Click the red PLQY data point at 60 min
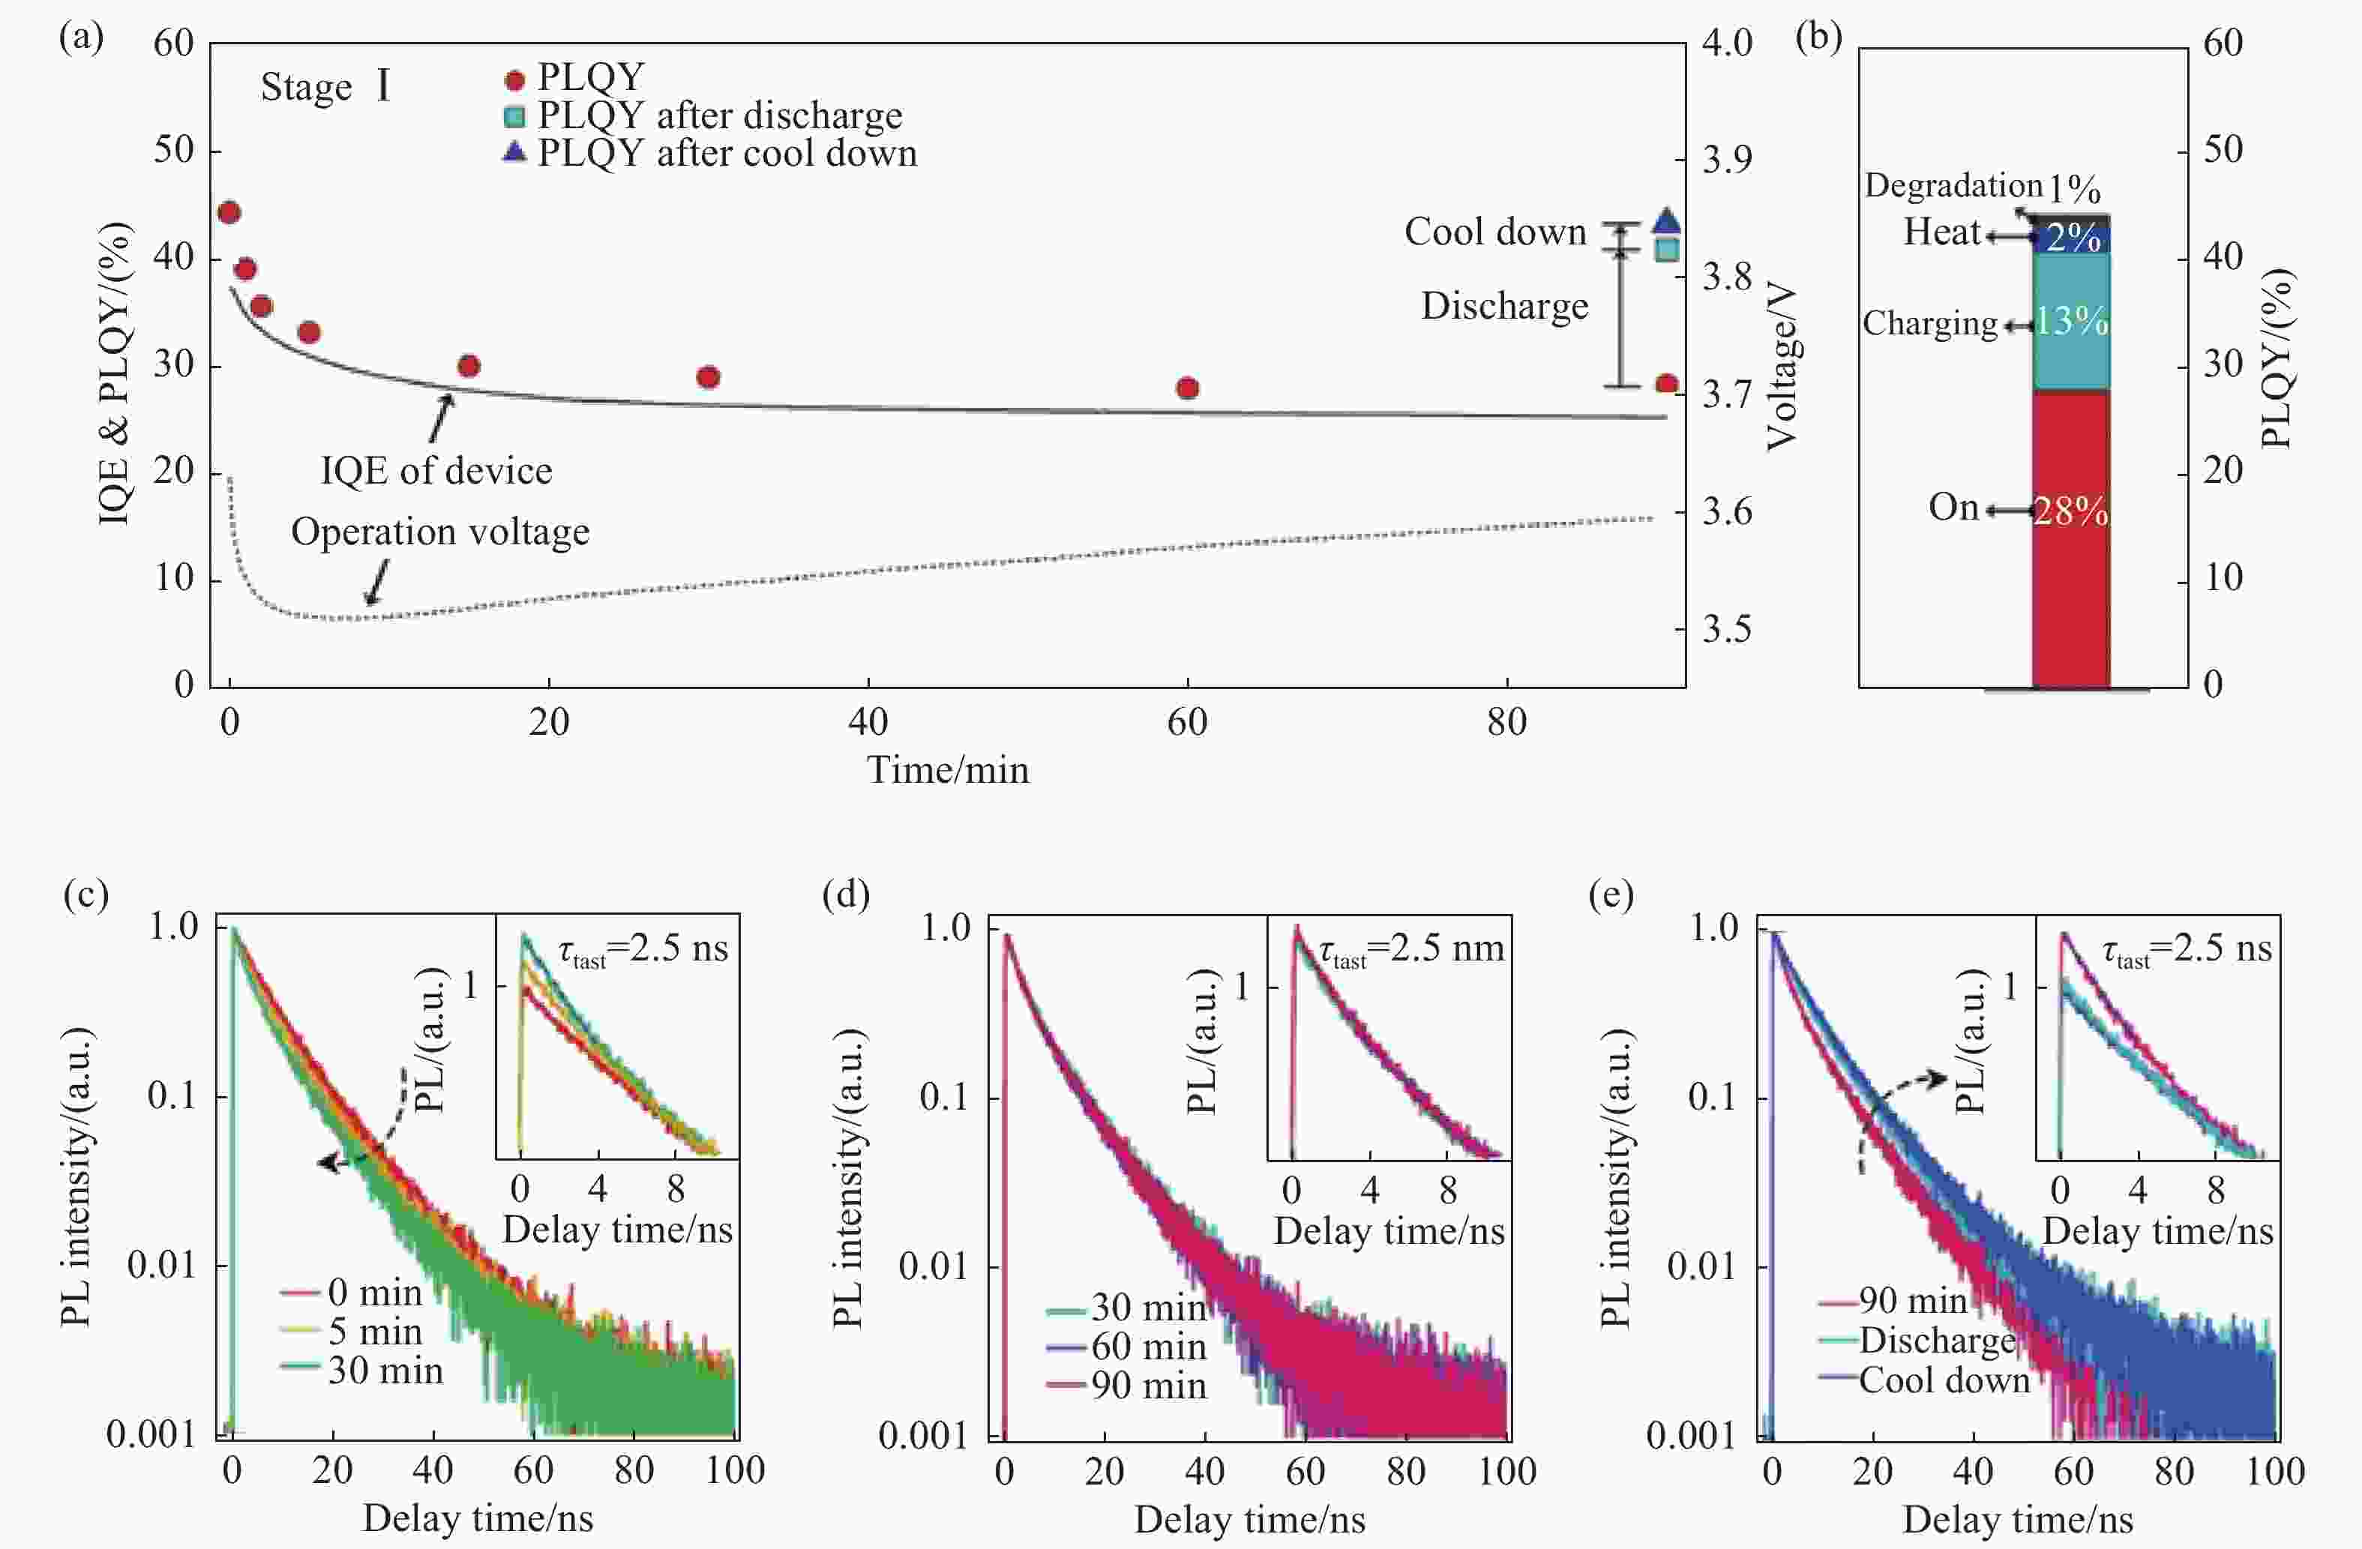coord(1187,388)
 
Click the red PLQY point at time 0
coord(229,212)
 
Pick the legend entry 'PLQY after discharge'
coord(718,115)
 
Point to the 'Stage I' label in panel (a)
coord(325,87)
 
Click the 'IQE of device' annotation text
coord(436,470)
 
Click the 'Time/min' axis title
coord(948,770)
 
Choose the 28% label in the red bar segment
coord(2070,511)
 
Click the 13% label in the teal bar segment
coord(2070,320)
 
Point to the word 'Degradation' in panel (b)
coord(1952,185)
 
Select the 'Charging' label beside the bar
coord(1929,323)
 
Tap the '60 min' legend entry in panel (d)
coord(1148,1347)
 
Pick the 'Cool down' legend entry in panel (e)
coord(1943,1380)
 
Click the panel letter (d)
coord(846,895)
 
